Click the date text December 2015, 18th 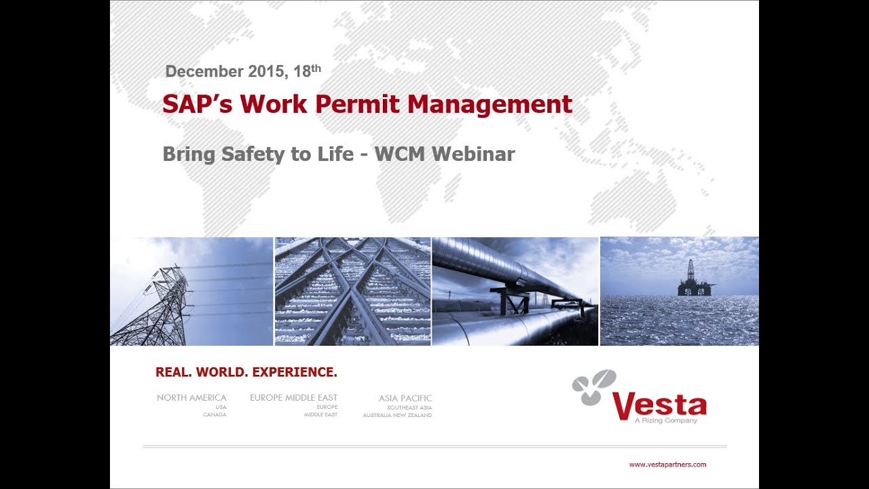[242, 71]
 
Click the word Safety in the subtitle [254, 154]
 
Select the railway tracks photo [352, 291]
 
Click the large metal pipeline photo [514, 291]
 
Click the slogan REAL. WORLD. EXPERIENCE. [246, 372]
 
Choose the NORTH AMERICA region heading [191, 398]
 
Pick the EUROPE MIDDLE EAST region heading [293, 398]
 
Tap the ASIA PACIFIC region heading [405, 399]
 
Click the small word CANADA [215, 415]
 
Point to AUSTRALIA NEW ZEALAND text [397, 415]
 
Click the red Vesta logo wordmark [659, 405]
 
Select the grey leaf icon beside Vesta [594, 387]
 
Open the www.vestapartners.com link [667, 465]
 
